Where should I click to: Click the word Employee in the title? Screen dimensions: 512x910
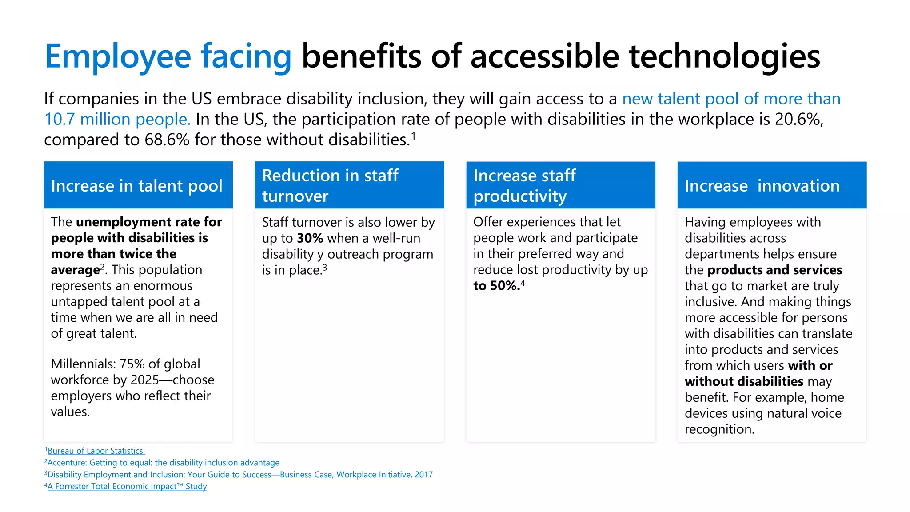click(x=118, y=57)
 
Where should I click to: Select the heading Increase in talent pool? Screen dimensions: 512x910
click(x=136, y=186)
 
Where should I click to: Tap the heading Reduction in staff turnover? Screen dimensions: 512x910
click(x=330, y=186)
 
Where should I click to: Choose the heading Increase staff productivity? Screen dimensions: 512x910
click(x=524, y=186)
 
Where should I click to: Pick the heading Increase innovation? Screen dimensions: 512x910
click(x=762, y=186)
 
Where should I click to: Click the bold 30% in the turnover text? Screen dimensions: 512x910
click(x=310, y=238)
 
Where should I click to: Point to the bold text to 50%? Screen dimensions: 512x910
click(x=496, y=286)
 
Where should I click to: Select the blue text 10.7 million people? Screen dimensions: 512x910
click(x=117, y=120)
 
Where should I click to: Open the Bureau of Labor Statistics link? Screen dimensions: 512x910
click(x=95, y=451)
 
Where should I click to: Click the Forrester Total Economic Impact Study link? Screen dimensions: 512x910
click(x=127, y=486)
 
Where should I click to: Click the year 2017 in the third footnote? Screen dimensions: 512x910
click(x=423, y=475)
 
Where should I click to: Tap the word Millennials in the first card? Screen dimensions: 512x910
click(x=83, y=364)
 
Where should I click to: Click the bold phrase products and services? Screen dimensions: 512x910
click(x=774, y=270)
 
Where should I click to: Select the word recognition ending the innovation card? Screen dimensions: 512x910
click(x=719, y=429)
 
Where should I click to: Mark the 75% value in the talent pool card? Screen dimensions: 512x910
click(x=132, y=364)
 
